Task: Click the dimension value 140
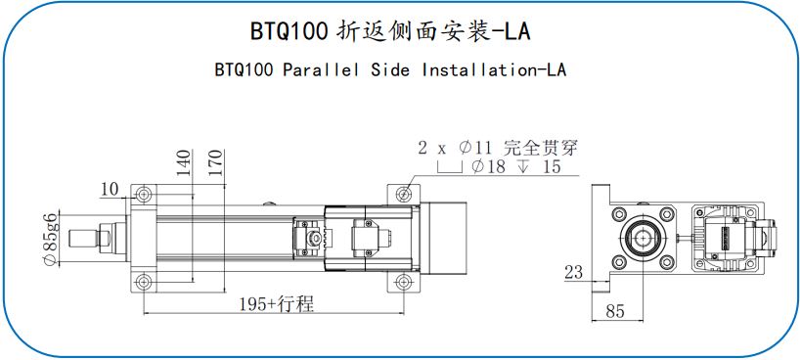pyautogui.click(x=185, y=163)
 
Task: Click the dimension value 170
pyautogui.click(x=216, y=163)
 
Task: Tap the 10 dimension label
pyautogui.click(x=110, y=190)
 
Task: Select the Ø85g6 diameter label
pyautogui.click(x=50, y=239)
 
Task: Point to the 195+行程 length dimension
pyautogui.click(x=277, y=304)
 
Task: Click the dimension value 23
pyautogui.click(x=573, y=272)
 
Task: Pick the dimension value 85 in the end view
pyautogui.click(x=615, y=311)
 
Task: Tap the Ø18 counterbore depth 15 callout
pyautogui.click(x=515, y=166)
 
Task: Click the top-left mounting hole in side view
pyautogui.click(x=144, y=194)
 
